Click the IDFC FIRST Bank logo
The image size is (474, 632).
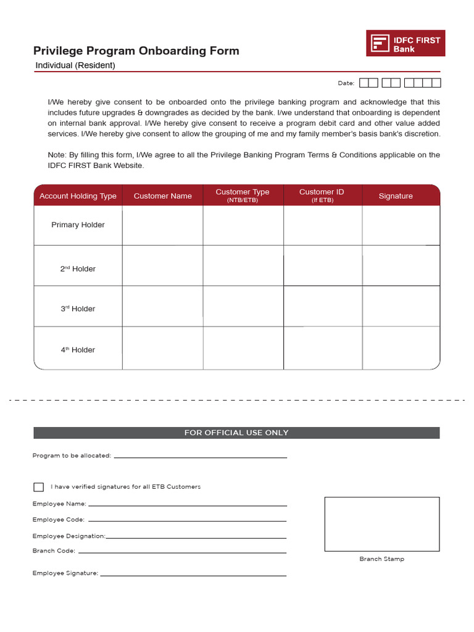pyautogui.click(x=405, y=43)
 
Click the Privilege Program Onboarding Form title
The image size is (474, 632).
pyautogui.click(x=136, y=51)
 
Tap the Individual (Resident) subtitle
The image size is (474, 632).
pyautogui.click(x=75, y=65)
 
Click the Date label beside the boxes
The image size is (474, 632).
pyautogui.click(x=346, y=83)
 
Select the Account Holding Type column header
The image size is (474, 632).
pyautogui.click(x=78, y=196)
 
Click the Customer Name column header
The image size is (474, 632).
pyautogui.click(x=162, y=196)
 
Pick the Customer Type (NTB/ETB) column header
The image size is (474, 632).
pyautogui.click(x=243, y=196)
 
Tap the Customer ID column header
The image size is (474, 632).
pyautogui.click(x=322, y=196)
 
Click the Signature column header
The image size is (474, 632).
pyautogui.click(x=396, y=196)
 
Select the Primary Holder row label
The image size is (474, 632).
pyautogui.click(x=78, y=225)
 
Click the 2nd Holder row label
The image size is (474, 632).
pyautogui.click(x=78, y=268)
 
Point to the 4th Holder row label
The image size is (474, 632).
pyautogui.click(x=78, y=349)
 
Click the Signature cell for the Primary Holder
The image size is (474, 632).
pyautogui.click(x=401, y=225)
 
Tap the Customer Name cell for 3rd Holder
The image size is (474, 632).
pyautogui.click(x=162, y=306)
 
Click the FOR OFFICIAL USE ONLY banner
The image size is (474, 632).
pyautogui.click(x=236, y=433)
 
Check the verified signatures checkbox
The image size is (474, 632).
pyautogui.click(x=39, y=487)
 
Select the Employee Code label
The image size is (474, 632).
pyautogui.click(x=59, y=520)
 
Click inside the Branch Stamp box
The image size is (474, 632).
pyautogui.click(x=382, y=524)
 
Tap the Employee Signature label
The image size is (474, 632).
pyautogui.click(x=65, y=573)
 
